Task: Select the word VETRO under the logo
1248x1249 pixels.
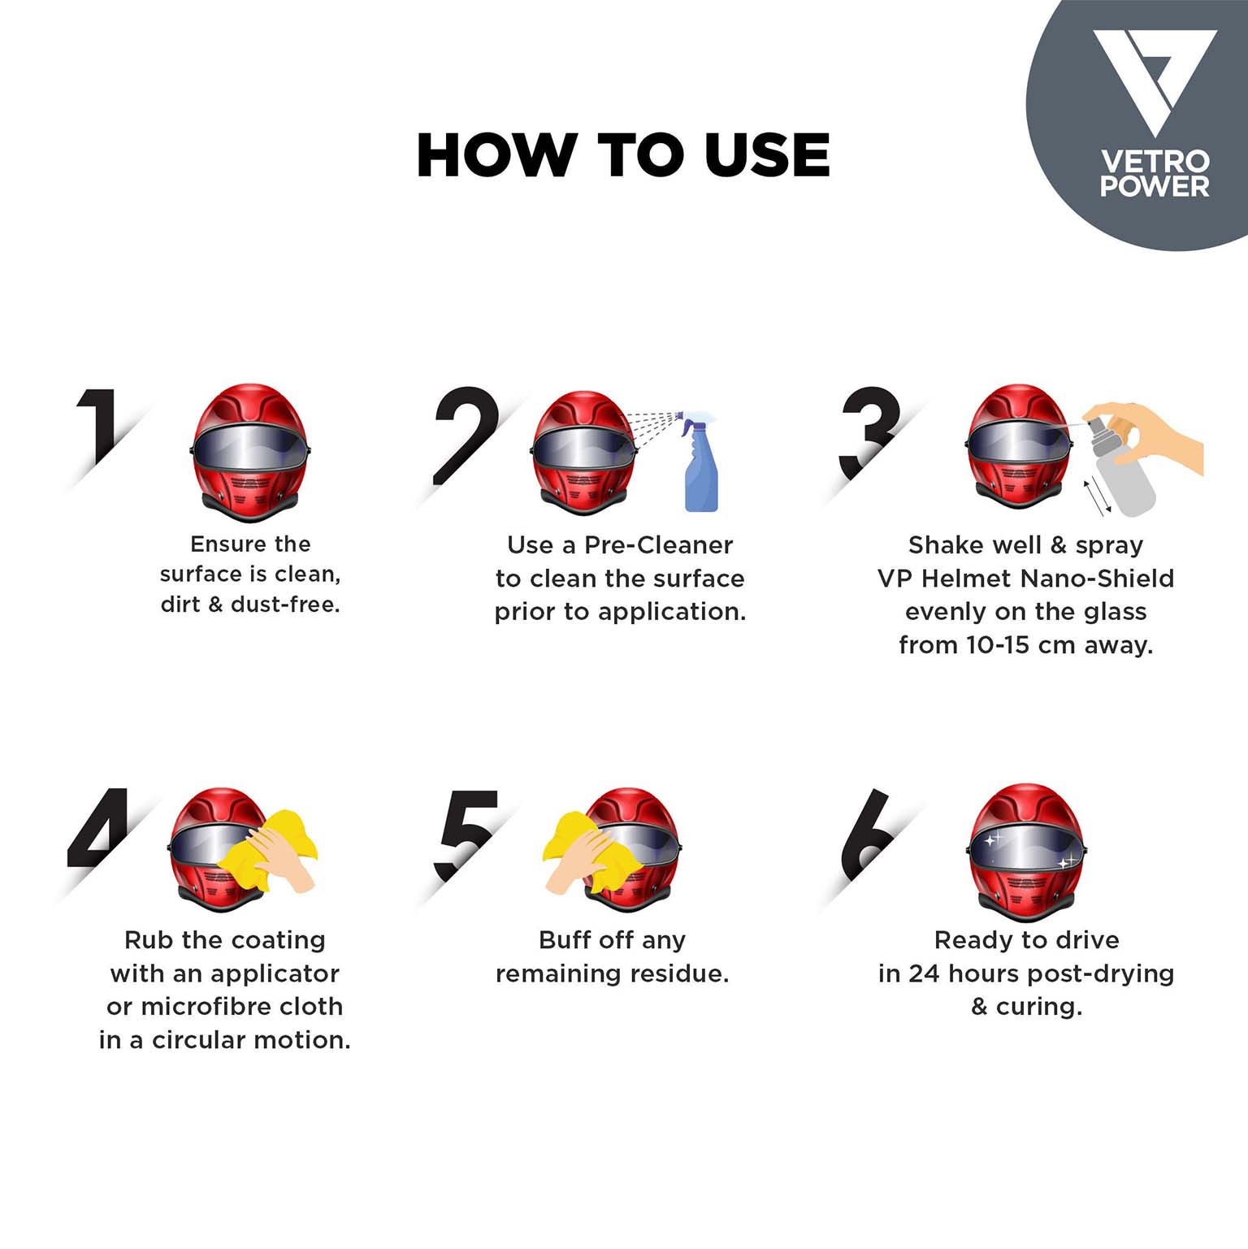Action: click(x=1155, y=161)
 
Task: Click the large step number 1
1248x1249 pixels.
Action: click(x=102, y=427)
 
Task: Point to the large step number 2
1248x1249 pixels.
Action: click(x=465, y=435)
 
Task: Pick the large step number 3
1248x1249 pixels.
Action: click(x=869, y=432)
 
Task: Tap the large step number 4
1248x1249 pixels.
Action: click(x=97, y=826)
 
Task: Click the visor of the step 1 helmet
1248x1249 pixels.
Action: click(x=250, y=449)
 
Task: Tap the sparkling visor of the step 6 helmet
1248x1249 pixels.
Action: click(x=1026, y=850)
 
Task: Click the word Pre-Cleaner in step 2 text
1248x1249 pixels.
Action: click(x=658, y=544)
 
